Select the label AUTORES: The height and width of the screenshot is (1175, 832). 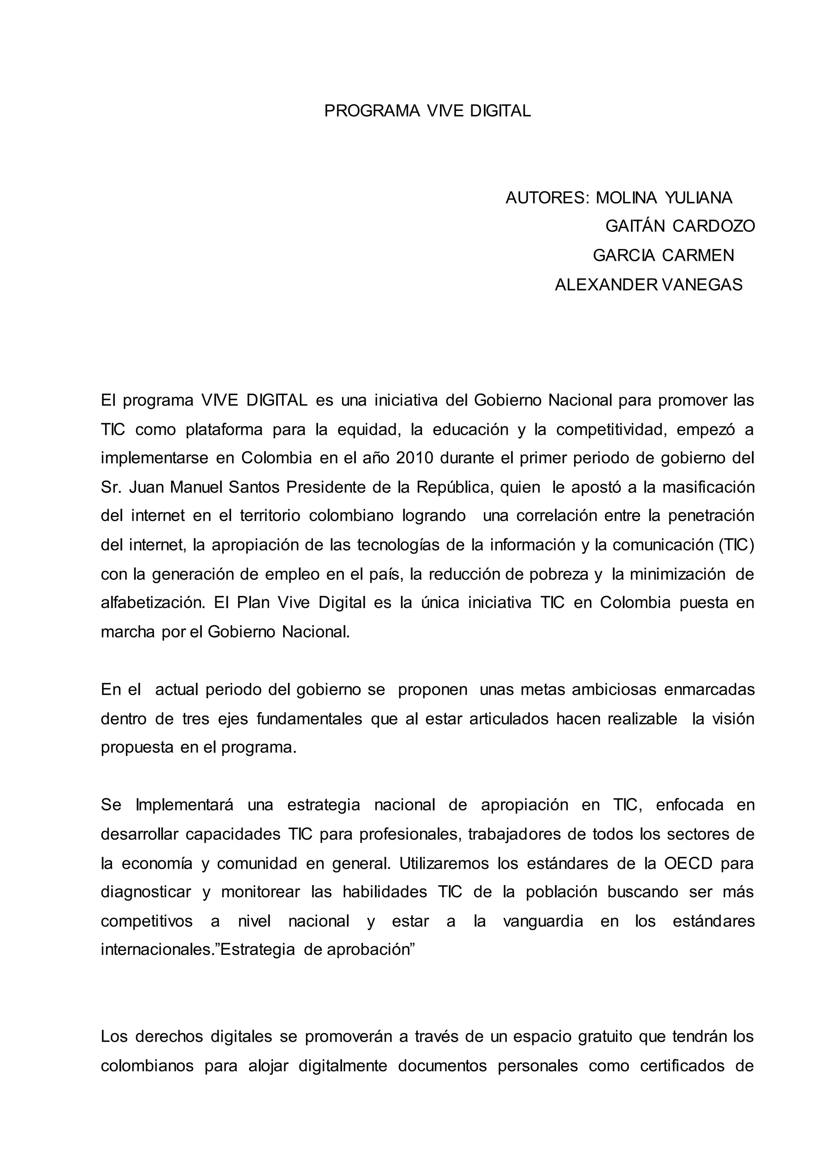tap(547, 198)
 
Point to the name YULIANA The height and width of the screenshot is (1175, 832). tap(699, 198)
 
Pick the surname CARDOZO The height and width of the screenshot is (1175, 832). tap(714, 226)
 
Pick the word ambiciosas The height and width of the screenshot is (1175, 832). tap(614, 690)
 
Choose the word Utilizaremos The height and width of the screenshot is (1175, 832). tap(444, 864)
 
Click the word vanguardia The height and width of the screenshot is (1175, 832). tap(543, 922)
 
